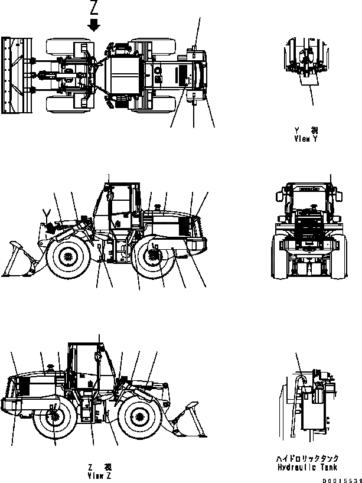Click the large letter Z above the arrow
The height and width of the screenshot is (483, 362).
94,8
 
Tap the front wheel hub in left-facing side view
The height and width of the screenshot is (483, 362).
67,257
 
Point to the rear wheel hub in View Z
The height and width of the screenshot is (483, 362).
54,417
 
